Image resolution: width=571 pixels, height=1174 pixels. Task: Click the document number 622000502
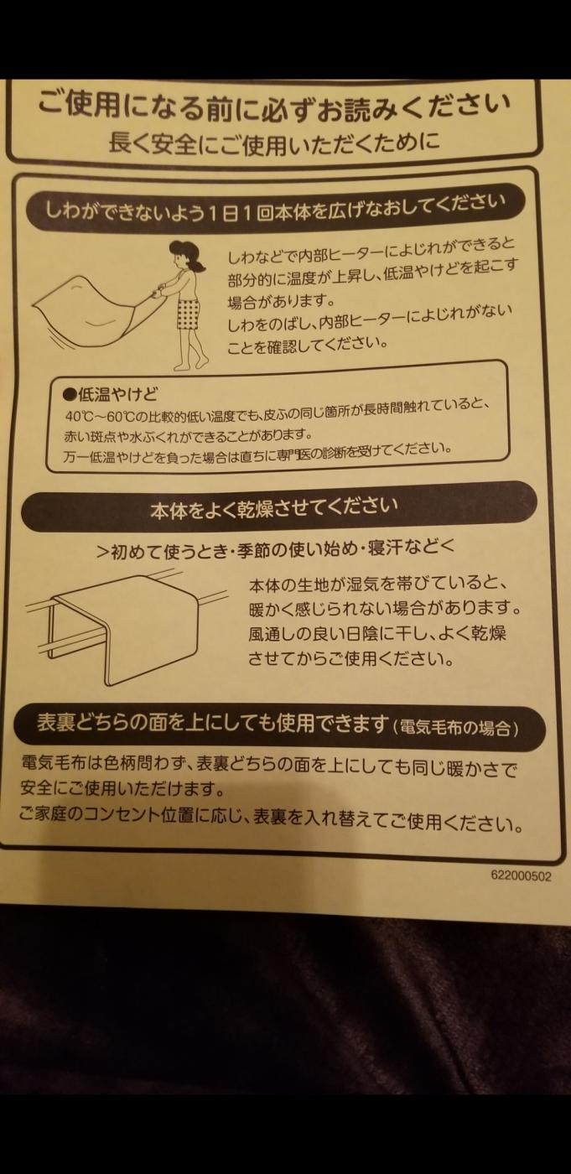521,875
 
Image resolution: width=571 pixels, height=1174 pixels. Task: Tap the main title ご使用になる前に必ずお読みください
273,106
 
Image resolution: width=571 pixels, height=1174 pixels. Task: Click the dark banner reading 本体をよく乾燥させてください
278,507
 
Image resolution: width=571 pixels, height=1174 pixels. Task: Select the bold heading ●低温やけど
110,393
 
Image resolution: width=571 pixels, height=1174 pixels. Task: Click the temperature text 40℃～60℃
100,417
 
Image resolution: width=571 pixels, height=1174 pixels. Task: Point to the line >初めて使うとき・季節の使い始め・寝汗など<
275,549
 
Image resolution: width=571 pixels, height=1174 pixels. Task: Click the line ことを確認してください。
308,345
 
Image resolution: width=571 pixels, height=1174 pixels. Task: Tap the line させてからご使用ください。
351,658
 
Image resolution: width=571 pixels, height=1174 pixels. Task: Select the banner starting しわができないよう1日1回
275,208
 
